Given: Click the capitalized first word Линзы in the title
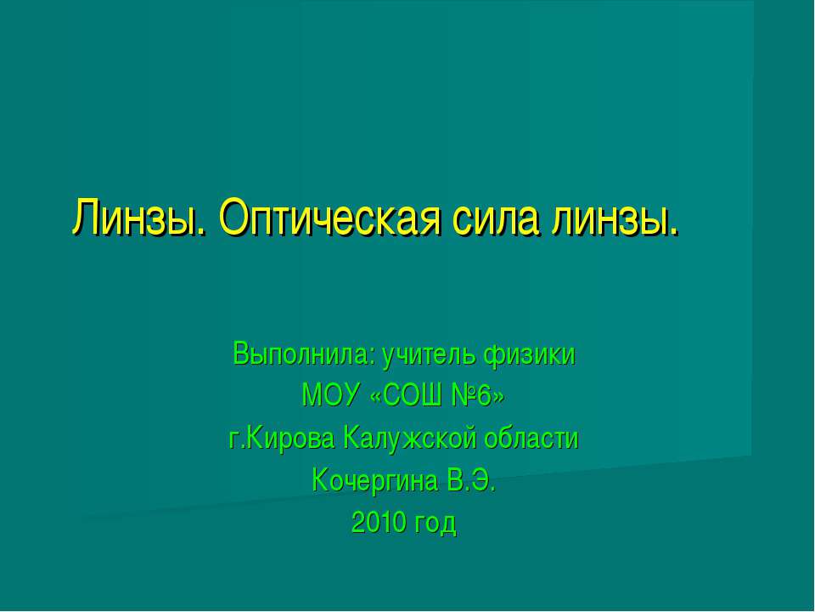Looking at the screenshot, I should click(x=139, y=220).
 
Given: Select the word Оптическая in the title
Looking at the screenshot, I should click(x=329, y=220).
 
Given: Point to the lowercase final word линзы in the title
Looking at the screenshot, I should click(x=616, y=220).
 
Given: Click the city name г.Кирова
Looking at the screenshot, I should click(x=283, y=439).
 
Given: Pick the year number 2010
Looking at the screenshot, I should click(x=379, y=524).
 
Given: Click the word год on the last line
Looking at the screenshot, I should click(x=435, y=524).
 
